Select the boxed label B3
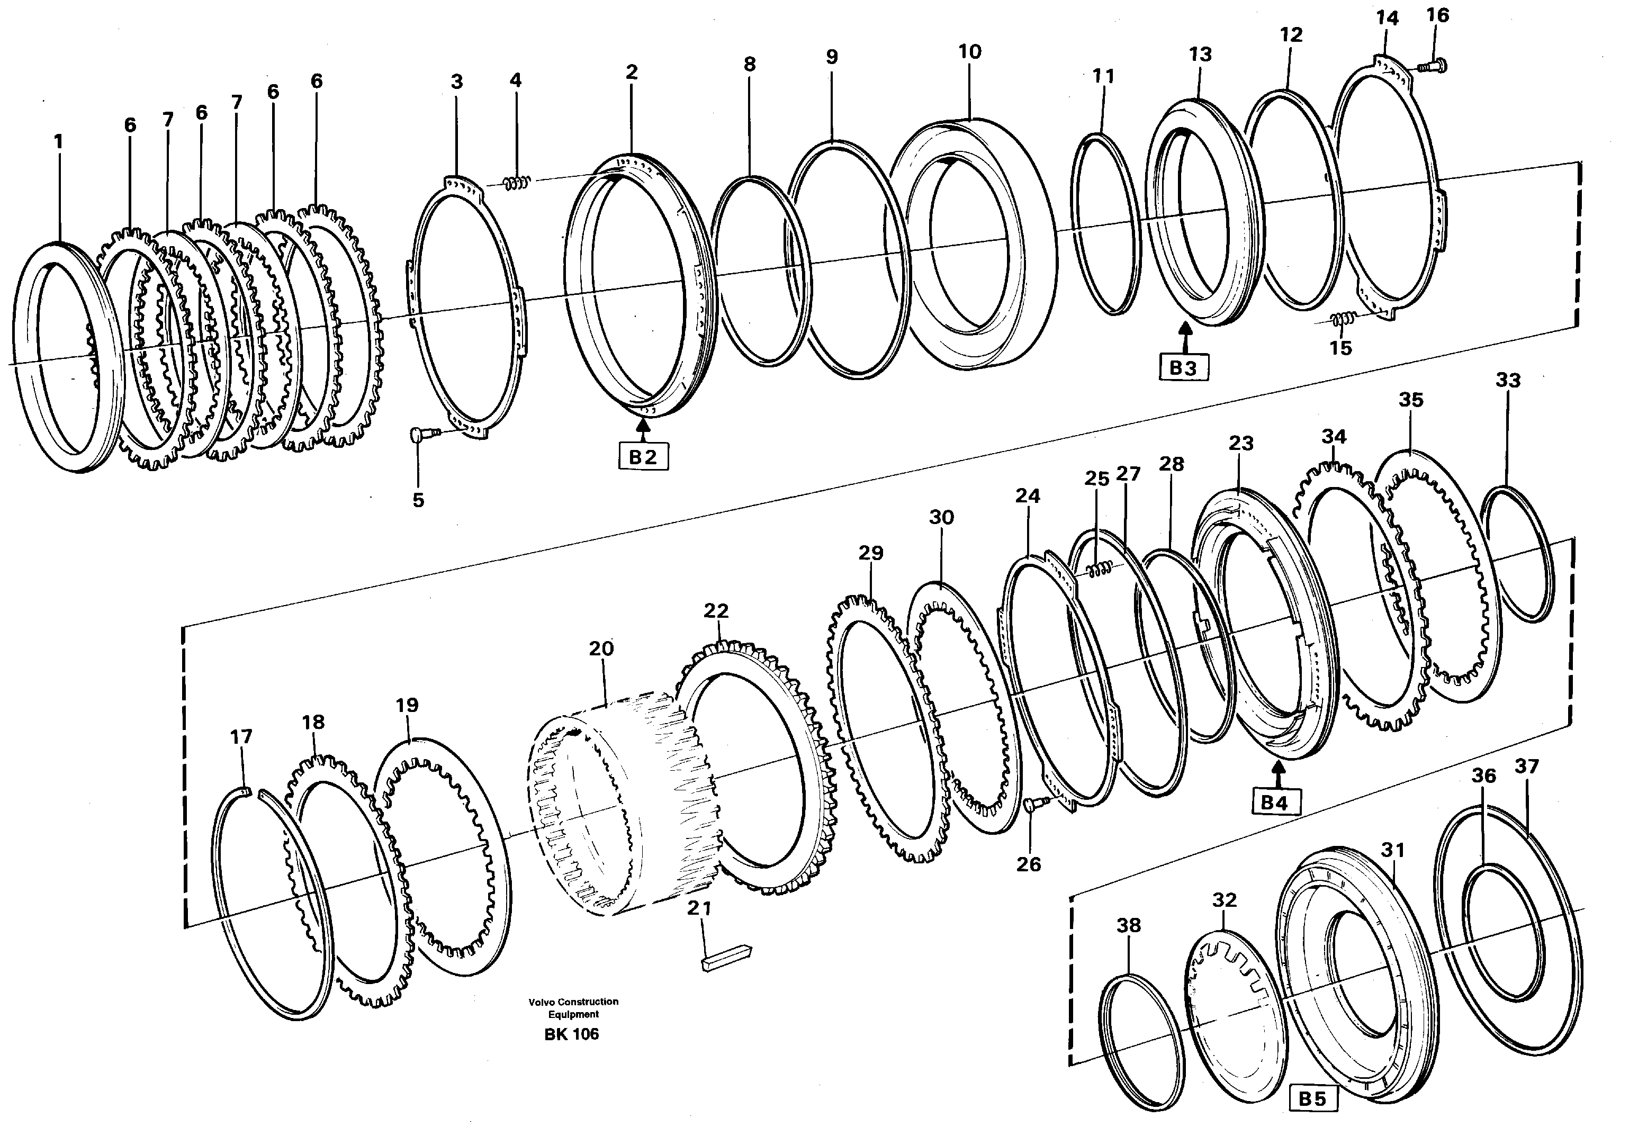1183,368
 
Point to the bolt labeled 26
1033,805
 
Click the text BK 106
571,1034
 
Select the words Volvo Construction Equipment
573,1008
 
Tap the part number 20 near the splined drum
601,648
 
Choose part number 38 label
1128,925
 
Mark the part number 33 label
1508,380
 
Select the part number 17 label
241,736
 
